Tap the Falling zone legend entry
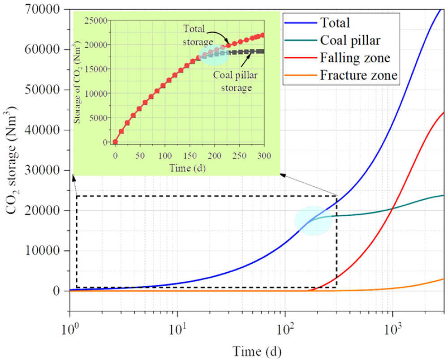[x=352, y=58]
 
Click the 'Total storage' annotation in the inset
[x=195, y=33]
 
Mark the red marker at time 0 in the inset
[x=115, y=142]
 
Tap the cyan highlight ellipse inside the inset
[x=214, y=55]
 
